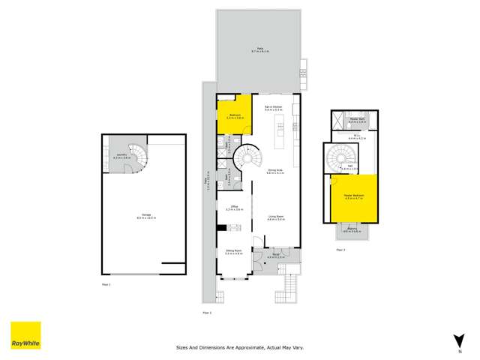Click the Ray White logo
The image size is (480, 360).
[25, 335]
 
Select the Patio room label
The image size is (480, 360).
[259, 50]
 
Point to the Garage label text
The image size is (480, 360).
[146, 216]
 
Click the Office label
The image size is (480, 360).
[234, 207]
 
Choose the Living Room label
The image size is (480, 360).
[276, 217]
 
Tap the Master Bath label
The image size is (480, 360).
[357, 120]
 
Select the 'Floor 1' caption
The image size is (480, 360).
[106, 285]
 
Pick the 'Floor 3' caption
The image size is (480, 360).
[340, 248]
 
